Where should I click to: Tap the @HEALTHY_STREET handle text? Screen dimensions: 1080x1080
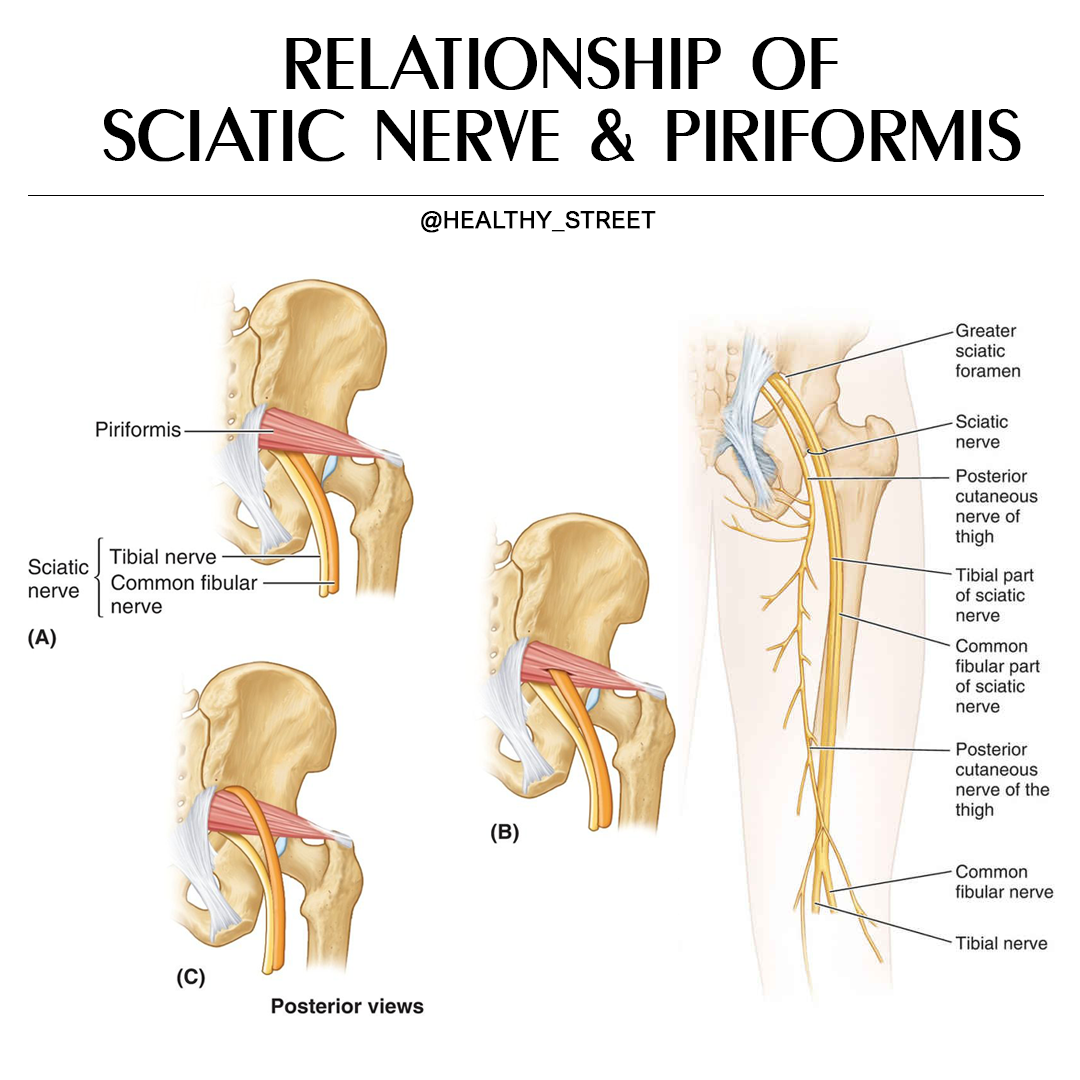click(537, 220)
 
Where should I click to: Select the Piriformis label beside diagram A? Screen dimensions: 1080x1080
click(138, 430)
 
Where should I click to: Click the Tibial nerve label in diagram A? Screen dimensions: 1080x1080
click(163, 557)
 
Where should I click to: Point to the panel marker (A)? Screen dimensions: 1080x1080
click(42, 638)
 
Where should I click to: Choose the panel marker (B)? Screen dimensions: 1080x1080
click(505, 833)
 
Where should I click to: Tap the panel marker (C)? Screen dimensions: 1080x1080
click(191, 977)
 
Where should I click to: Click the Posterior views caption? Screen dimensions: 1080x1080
click(347, 1006)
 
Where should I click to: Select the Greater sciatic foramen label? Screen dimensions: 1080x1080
click(988, 351)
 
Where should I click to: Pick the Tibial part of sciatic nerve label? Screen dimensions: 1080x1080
click(994, 595)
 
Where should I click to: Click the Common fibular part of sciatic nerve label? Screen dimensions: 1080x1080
click(997, 676)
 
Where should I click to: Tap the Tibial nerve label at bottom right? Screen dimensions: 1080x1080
click(1001, 943)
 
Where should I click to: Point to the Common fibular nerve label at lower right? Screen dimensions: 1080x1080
click(1004, 882)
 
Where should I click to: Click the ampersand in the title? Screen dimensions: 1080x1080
click(612, 136)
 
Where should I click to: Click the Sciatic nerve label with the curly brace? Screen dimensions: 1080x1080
click(58, 579)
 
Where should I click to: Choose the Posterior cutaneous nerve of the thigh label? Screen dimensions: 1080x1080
click(1002, 780)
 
